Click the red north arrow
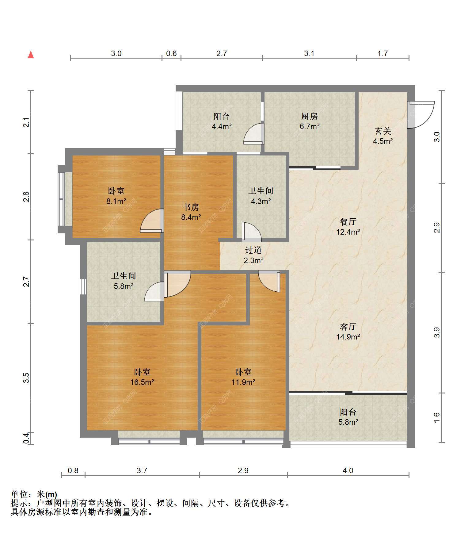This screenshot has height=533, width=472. click(31, 55)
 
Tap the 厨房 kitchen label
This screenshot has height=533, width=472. click(310, 116)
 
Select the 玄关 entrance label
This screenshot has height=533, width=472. click(383, 131)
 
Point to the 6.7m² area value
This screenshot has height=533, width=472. click(310, 126)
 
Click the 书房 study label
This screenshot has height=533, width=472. click(191, 207)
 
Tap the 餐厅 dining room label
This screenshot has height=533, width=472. click(348, 221)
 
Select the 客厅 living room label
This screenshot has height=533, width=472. click(348, 326)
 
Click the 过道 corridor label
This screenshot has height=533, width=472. click(253, 250)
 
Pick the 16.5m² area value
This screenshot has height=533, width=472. click(142, 382)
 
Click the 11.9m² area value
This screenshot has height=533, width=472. click(243, 382)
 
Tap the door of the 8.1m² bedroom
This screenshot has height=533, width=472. click(152, 220)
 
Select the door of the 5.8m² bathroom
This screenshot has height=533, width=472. click(154, 292)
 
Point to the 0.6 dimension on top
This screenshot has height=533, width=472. click(171, 53)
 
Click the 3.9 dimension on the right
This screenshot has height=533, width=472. click(437, 332)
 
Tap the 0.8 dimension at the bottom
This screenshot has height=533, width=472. click(73, 470)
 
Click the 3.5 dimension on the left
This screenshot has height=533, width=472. click(26, 378)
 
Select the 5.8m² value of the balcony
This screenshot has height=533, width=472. click(348, 422)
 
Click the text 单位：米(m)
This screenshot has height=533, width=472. click(34, 494)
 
